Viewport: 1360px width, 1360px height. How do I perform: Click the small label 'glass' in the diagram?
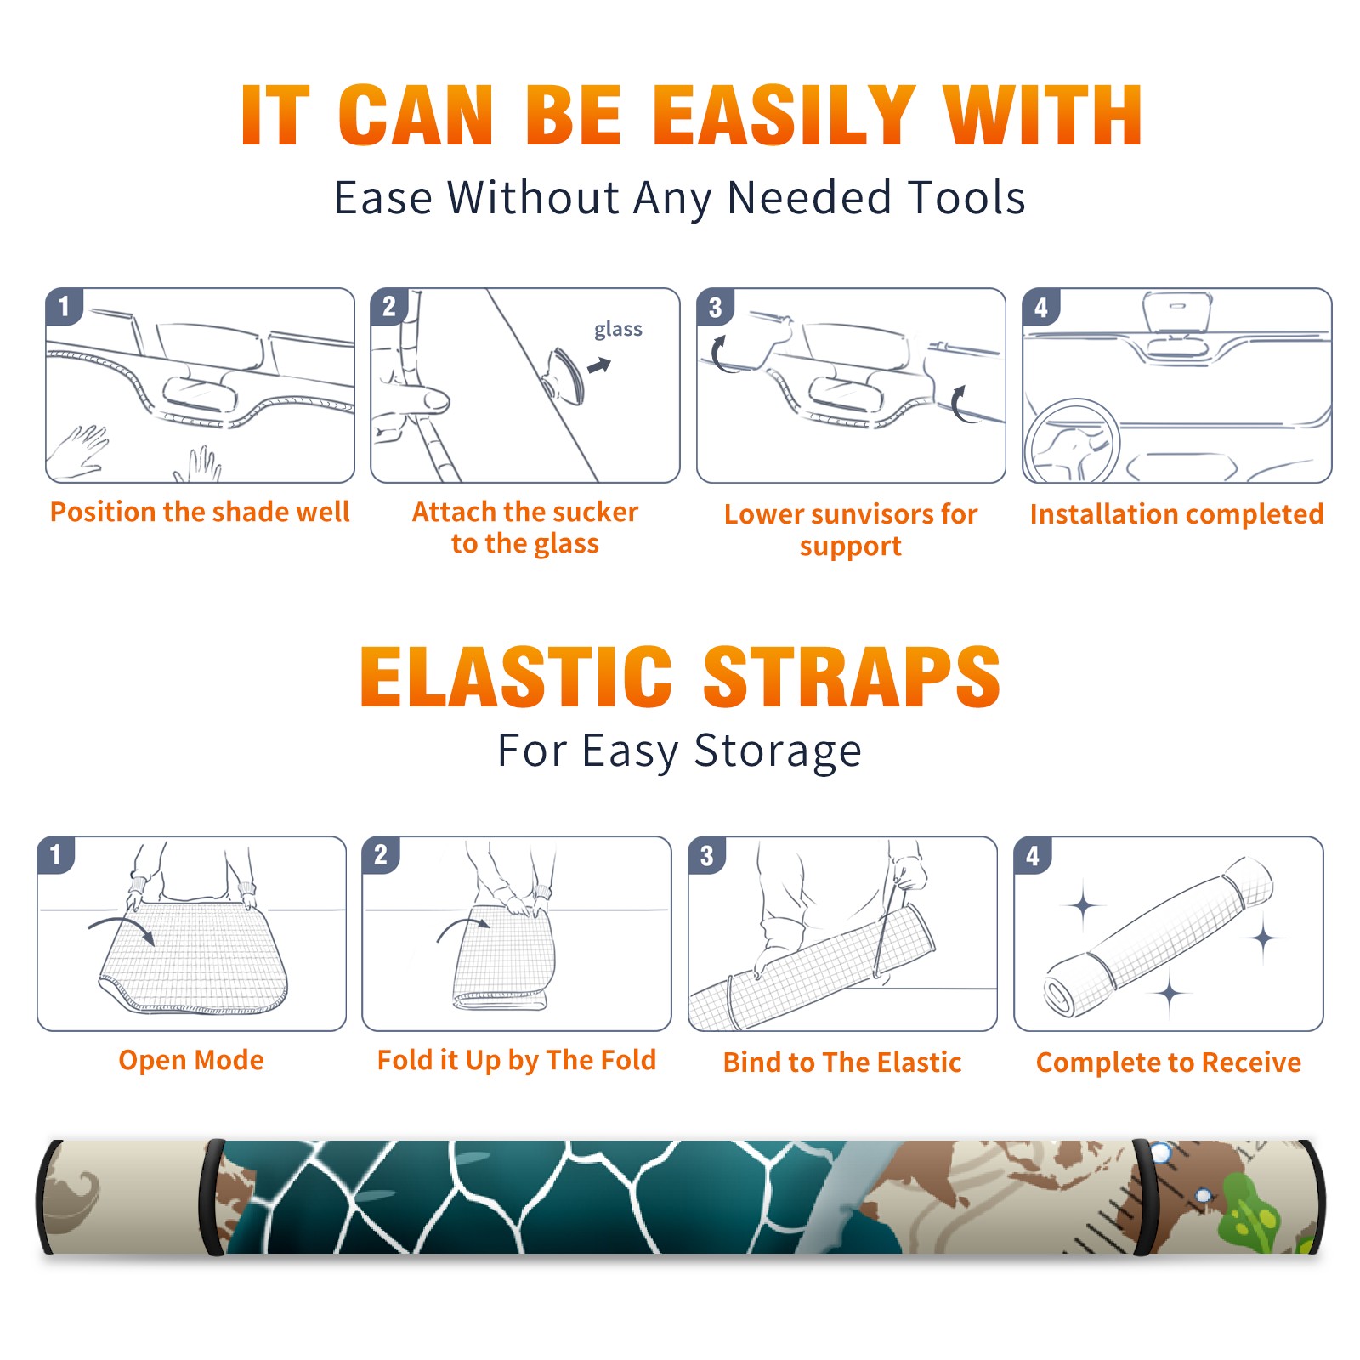point(618,330)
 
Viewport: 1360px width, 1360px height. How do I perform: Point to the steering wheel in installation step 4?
point(1072,440)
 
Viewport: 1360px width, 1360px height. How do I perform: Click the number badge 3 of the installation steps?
point(715,307)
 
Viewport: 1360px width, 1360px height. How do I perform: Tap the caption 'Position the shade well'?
point(200,512)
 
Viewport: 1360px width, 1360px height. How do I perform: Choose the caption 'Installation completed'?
point(1176,514)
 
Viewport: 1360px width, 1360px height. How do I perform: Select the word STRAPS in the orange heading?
point(852,677)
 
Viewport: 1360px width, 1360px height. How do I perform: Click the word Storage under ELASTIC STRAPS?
point(778,751)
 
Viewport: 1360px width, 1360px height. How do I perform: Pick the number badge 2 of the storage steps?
point(380,855)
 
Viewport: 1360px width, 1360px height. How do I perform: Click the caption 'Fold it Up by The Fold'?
point(517,1061)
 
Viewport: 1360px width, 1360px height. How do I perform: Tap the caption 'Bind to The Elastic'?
point(842,1062)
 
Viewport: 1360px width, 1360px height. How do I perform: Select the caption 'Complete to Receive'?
point(1169,1062)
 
